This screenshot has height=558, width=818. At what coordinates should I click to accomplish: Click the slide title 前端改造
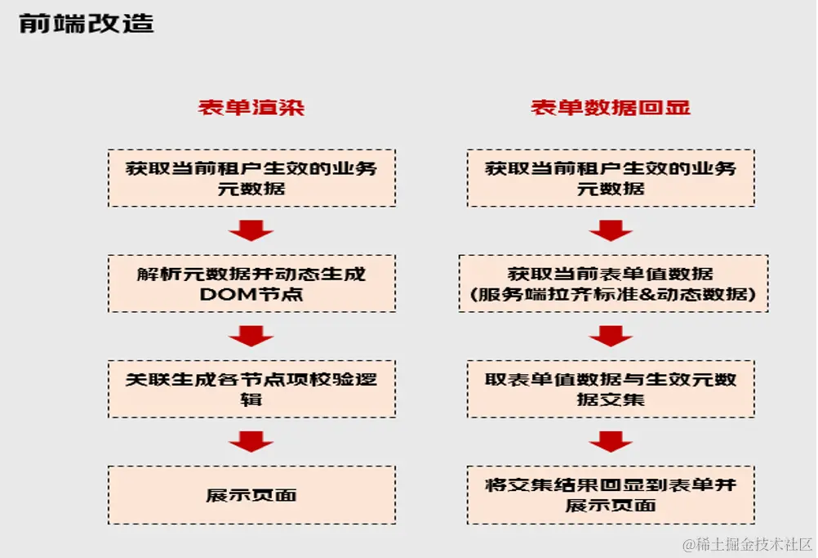point(86,23)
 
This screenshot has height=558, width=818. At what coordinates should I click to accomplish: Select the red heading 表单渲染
point(251,107)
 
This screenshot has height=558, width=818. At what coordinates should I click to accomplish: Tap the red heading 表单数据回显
point(610,107)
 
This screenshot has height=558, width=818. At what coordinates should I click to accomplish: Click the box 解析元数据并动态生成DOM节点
point(251,283)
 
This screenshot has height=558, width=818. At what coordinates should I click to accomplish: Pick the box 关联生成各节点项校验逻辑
point(251,389)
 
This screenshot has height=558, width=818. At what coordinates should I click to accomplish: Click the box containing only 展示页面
point(251,495)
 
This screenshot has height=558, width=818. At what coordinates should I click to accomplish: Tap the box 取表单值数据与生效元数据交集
point(611,389)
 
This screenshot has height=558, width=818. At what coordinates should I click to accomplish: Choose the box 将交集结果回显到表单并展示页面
point(611,495)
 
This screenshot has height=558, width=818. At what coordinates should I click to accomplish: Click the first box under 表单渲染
point(251,177)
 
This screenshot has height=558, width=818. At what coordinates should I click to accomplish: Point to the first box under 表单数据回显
point(611,177)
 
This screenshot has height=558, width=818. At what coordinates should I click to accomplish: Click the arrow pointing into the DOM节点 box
point(251,231)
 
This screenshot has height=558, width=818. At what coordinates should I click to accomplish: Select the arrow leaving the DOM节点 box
point(251,336)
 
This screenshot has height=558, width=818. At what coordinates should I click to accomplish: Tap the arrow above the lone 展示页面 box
point(251,442)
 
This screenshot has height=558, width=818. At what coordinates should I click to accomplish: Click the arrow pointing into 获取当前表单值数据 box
point(610,231)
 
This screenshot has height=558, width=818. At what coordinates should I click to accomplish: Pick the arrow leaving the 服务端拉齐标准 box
point(610,336)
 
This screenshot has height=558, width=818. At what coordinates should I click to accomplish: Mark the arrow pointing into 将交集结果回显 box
point(610,442)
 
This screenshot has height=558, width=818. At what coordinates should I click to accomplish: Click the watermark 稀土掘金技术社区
point(747,543)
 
